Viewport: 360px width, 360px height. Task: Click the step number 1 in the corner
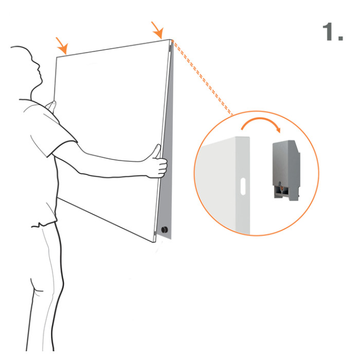(332, 32)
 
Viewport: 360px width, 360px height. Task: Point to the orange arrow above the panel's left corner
(62, 46)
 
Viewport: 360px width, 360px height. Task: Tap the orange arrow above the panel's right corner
(157, 30)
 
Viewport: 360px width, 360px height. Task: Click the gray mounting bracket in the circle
(286, 170)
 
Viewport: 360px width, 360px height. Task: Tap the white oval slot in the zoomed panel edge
(243, 186)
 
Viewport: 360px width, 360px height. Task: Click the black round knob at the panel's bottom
(165, 229)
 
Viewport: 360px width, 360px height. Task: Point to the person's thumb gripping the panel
(157, 151)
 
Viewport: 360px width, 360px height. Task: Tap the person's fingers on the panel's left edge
(51, 106)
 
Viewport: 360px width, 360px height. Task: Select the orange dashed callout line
(202, 77)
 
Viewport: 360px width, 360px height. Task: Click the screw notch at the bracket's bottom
(280, 187)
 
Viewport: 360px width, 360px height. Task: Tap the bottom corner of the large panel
(153, 242)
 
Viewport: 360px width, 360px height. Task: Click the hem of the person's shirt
(44, 224)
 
